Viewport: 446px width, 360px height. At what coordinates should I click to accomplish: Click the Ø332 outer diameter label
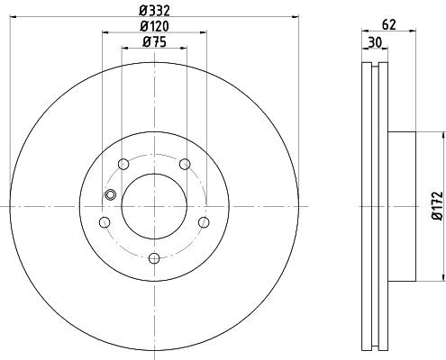(x=154, y=10)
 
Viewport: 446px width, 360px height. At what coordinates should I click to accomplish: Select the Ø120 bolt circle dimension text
(x=154, y=26)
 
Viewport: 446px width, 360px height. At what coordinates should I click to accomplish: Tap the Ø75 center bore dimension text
(x=154, y=43)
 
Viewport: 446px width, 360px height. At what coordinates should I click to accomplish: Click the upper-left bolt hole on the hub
(x=123, y=164)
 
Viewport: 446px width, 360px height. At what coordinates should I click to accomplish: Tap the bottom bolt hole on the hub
(x=153, y=258)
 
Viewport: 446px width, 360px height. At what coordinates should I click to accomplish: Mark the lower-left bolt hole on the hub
(x=104, y=222)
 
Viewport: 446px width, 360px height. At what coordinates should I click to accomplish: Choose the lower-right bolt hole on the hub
(x=204, y=222)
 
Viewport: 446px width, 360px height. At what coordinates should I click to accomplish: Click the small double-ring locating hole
(x=111, y=195)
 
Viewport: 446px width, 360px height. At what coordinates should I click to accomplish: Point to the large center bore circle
(x=153, y=205)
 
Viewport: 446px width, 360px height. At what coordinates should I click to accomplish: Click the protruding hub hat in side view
(x=403, y=205)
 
